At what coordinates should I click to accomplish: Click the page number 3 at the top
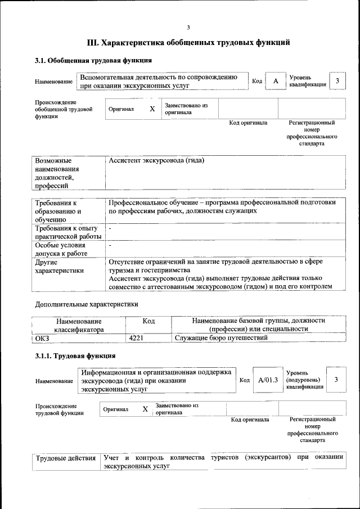(x=188, y=28)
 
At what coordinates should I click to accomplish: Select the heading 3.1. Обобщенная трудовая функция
(x=93, y=61)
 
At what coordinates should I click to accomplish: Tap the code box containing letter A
(x=276, y=82)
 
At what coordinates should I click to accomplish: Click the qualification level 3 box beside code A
(x=337, y=82)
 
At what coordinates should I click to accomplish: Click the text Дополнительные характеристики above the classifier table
(x=86, y=304)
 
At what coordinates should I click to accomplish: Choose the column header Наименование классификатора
(x=79, y=325)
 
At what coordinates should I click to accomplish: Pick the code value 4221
(x=137, y=337)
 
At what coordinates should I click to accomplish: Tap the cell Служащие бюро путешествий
(x=220, y=337)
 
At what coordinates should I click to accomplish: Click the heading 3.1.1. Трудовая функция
(x=75, y=356)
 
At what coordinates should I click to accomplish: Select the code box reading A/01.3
(x=268, y=380)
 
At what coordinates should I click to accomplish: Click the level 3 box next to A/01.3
(x=336, y=380)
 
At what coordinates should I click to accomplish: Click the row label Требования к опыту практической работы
(x=67, y=232)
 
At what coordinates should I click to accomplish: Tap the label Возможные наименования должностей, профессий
(x=57, y=173)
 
